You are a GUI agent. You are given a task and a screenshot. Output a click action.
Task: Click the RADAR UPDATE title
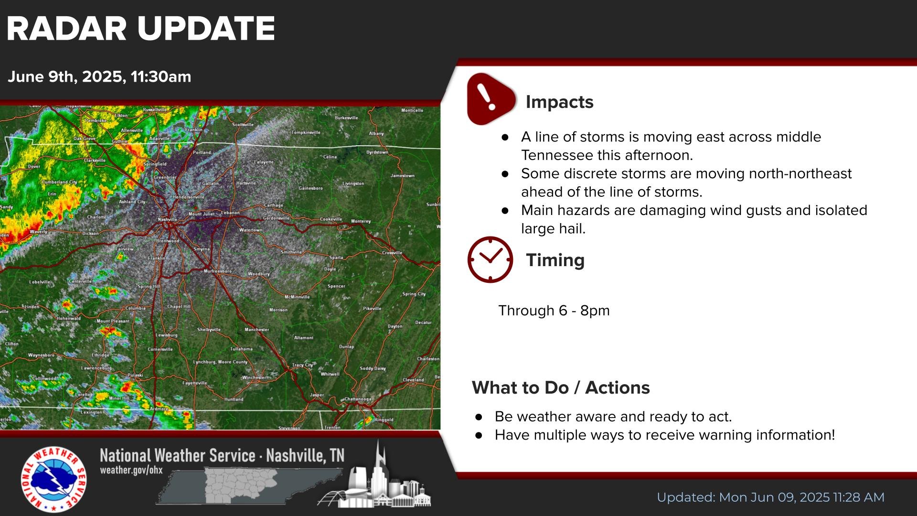(140, 29)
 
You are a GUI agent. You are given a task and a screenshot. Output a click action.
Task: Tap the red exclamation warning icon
(490, 99)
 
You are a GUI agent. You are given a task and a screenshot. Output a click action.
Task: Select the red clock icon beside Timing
(490, 259)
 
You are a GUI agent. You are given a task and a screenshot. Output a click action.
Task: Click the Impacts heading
(559, 102)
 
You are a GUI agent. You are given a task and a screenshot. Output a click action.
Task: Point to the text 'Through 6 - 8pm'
(554, 311)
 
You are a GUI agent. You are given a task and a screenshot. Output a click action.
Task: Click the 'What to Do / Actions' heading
(560, 387)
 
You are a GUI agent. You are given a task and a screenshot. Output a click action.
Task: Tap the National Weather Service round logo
(53, 479)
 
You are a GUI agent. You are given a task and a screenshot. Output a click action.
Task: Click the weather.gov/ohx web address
(131, 470)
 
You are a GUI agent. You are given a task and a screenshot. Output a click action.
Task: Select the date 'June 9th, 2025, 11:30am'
(99, 77)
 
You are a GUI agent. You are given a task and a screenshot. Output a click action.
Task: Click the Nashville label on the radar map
(167, 219)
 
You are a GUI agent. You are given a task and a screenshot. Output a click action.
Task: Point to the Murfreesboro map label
(217, 271)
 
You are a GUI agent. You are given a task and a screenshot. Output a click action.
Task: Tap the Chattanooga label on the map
(358, 399)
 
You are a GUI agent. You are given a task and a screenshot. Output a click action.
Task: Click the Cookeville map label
(331, 219)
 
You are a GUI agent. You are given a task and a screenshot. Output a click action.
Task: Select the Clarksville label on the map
(95, 161)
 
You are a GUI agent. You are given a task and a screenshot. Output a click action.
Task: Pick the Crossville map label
(392, 253)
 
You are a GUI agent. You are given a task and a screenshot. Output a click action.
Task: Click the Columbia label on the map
(135, 308)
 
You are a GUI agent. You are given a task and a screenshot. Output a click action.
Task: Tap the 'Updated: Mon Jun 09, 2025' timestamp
(770, 497)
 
